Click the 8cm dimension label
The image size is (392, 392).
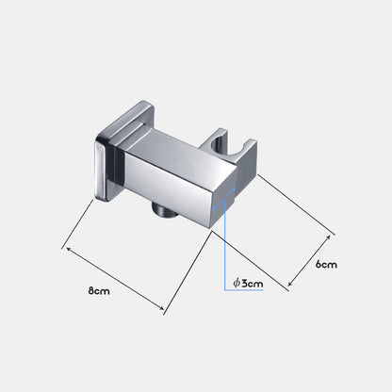click(x=99, y=291)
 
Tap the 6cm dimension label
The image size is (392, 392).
click(x=326, y=265)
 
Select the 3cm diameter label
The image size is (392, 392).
click(x=248, y=284)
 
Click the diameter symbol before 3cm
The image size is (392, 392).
click(x=237, y=283)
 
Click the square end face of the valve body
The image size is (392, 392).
click(x=223, y=200)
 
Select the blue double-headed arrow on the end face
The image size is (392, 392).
click(x=224, y=198)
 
